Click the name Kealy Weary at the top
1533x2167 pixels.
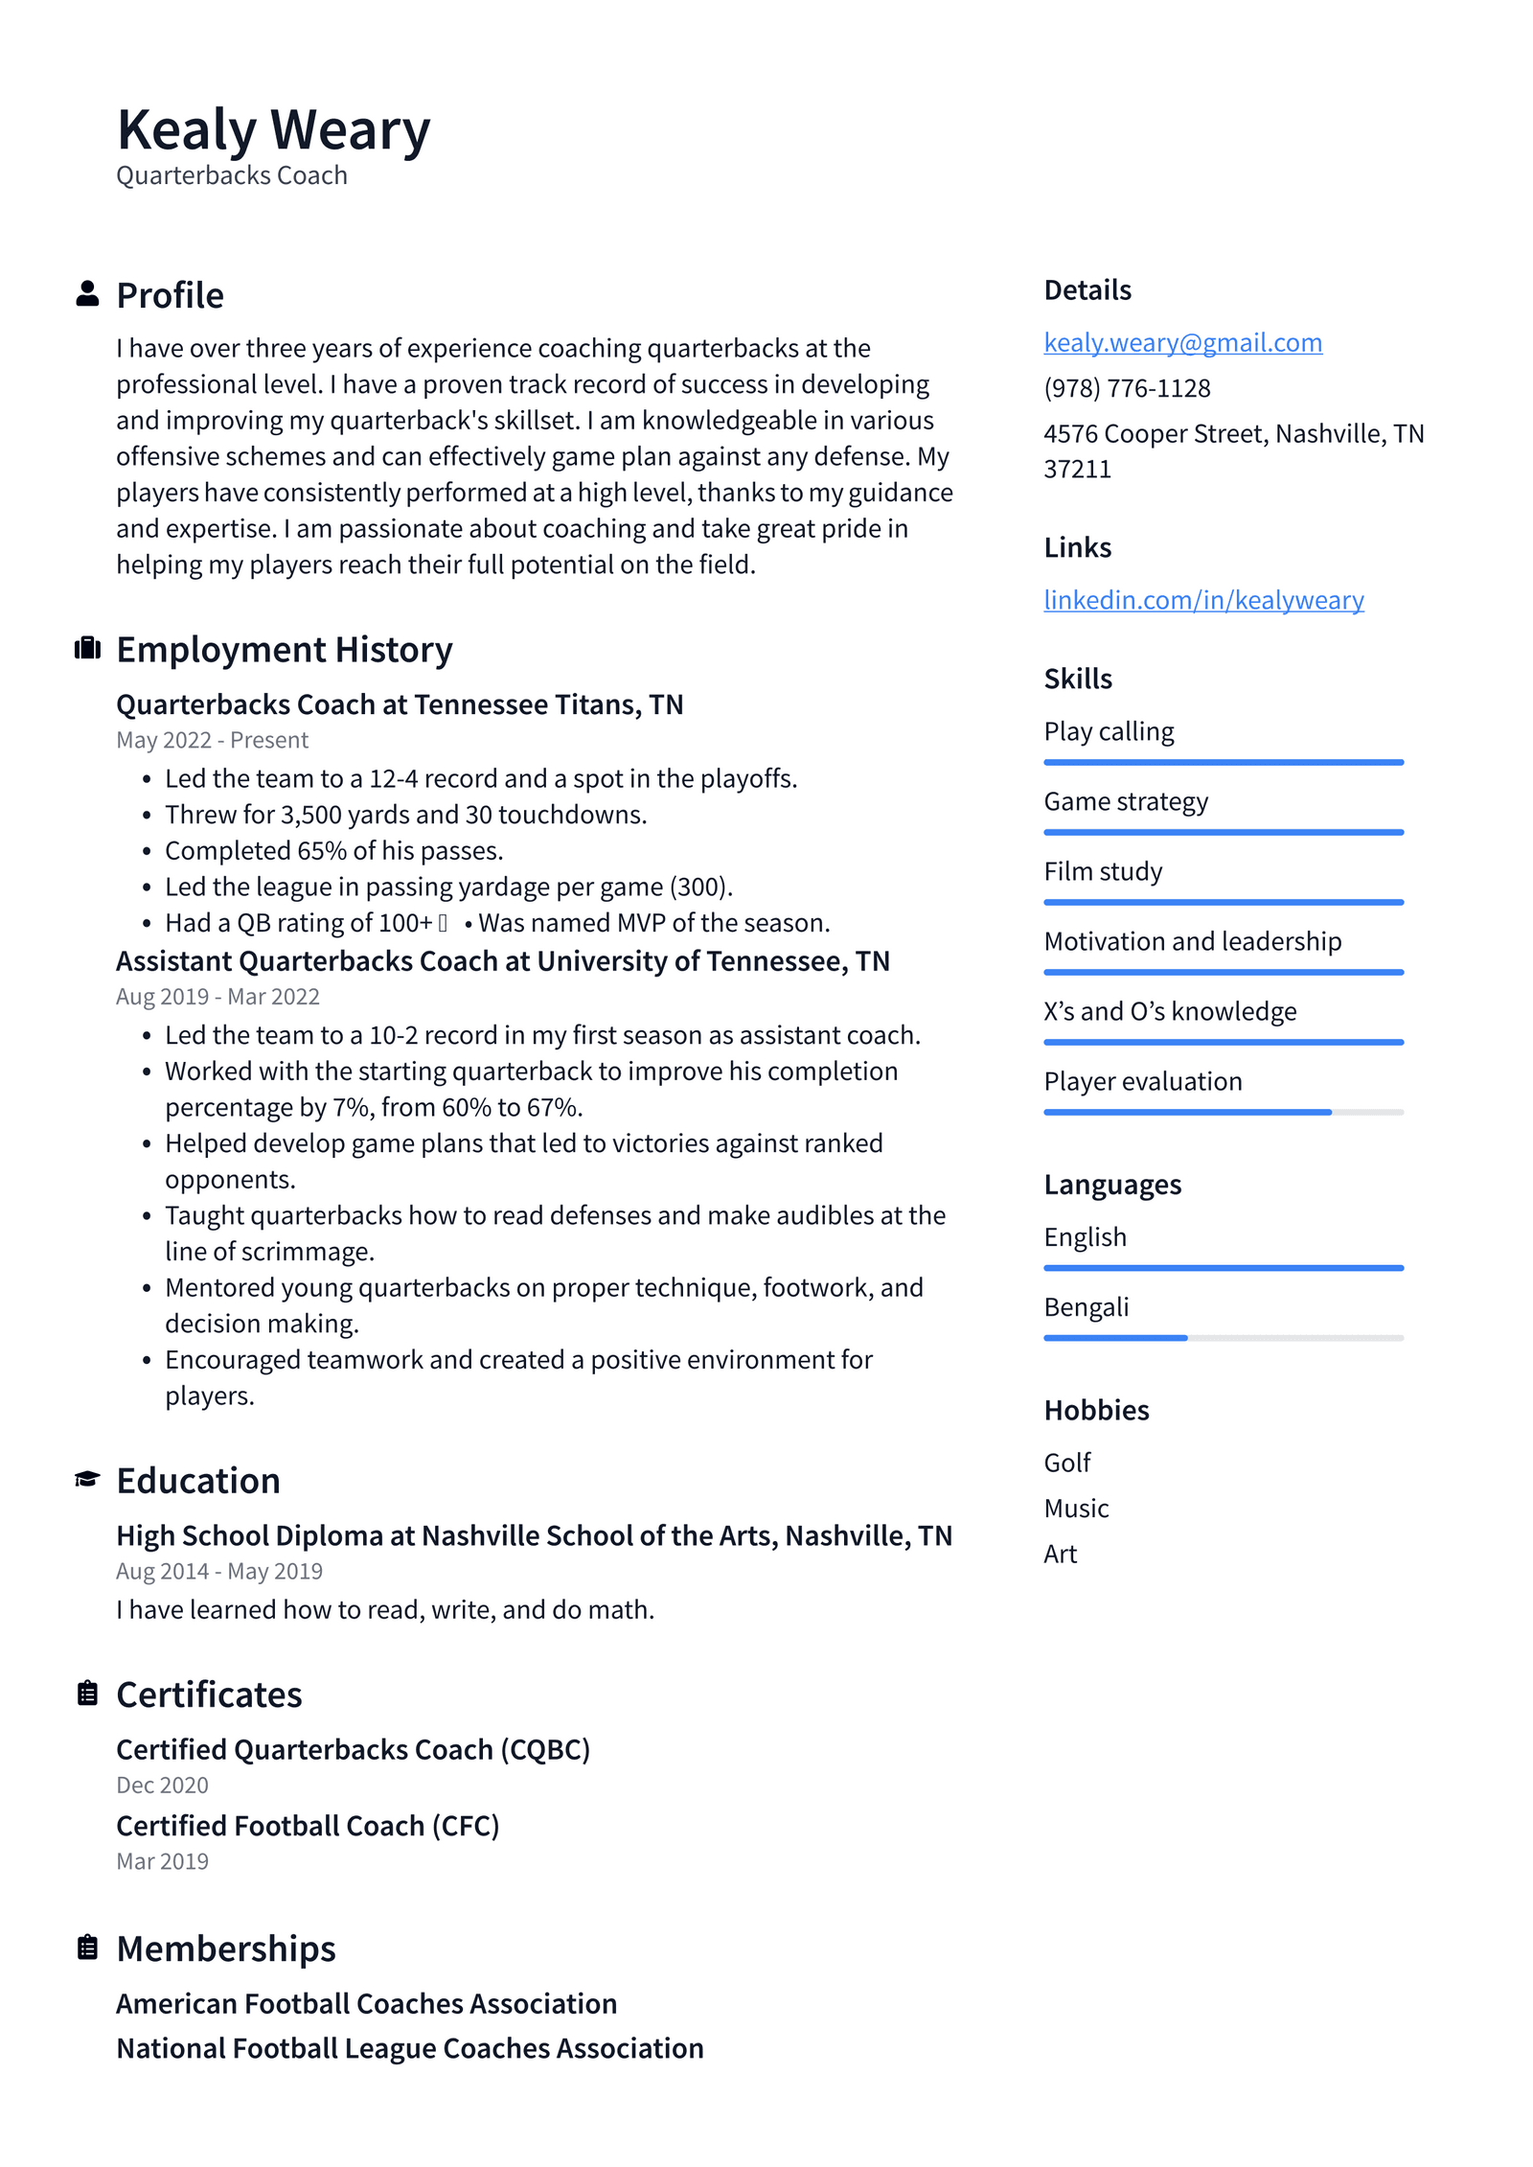point(273,129)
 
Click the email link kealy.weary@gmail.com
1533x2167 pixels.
point(1182,342)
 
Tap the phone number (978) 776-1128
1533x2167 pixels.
point(1127,388)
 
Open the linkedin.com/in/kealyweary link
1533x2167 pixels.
point(1203,600)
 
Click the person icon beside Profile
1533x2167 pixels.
point(87,294)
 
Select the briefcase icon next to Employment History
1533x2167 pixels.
point(87,649)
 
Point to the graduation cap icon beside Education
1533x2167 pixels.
point(87,1479)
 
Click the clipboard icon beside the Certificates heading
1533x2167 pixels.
point(87,1694)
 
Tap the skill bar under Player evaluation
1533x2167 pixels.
point(1223,1112)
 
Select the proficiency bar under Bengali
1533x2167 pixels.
point(1223,1337)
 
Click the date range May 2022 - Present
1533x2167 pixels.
point(212,740)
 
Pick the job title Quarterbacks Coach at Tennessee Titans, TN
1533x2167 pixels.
point(400,704)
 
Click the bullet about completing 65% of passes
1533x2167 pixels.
point(333,850)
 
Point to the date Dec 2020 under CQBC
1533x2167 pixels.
point(162,1785)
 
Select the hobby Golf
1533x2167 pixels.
point(1066,1463)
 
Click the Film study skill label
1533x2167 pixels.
point(1103,871)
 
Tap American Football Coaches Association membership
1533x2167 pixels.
point(366,2003)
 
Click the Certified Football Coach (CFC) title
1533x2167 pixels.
point(308,1826)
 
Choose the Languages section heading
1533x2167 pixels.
point(1111,1185)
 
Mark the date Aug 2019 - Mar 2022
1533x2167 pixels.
point(217,997)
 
